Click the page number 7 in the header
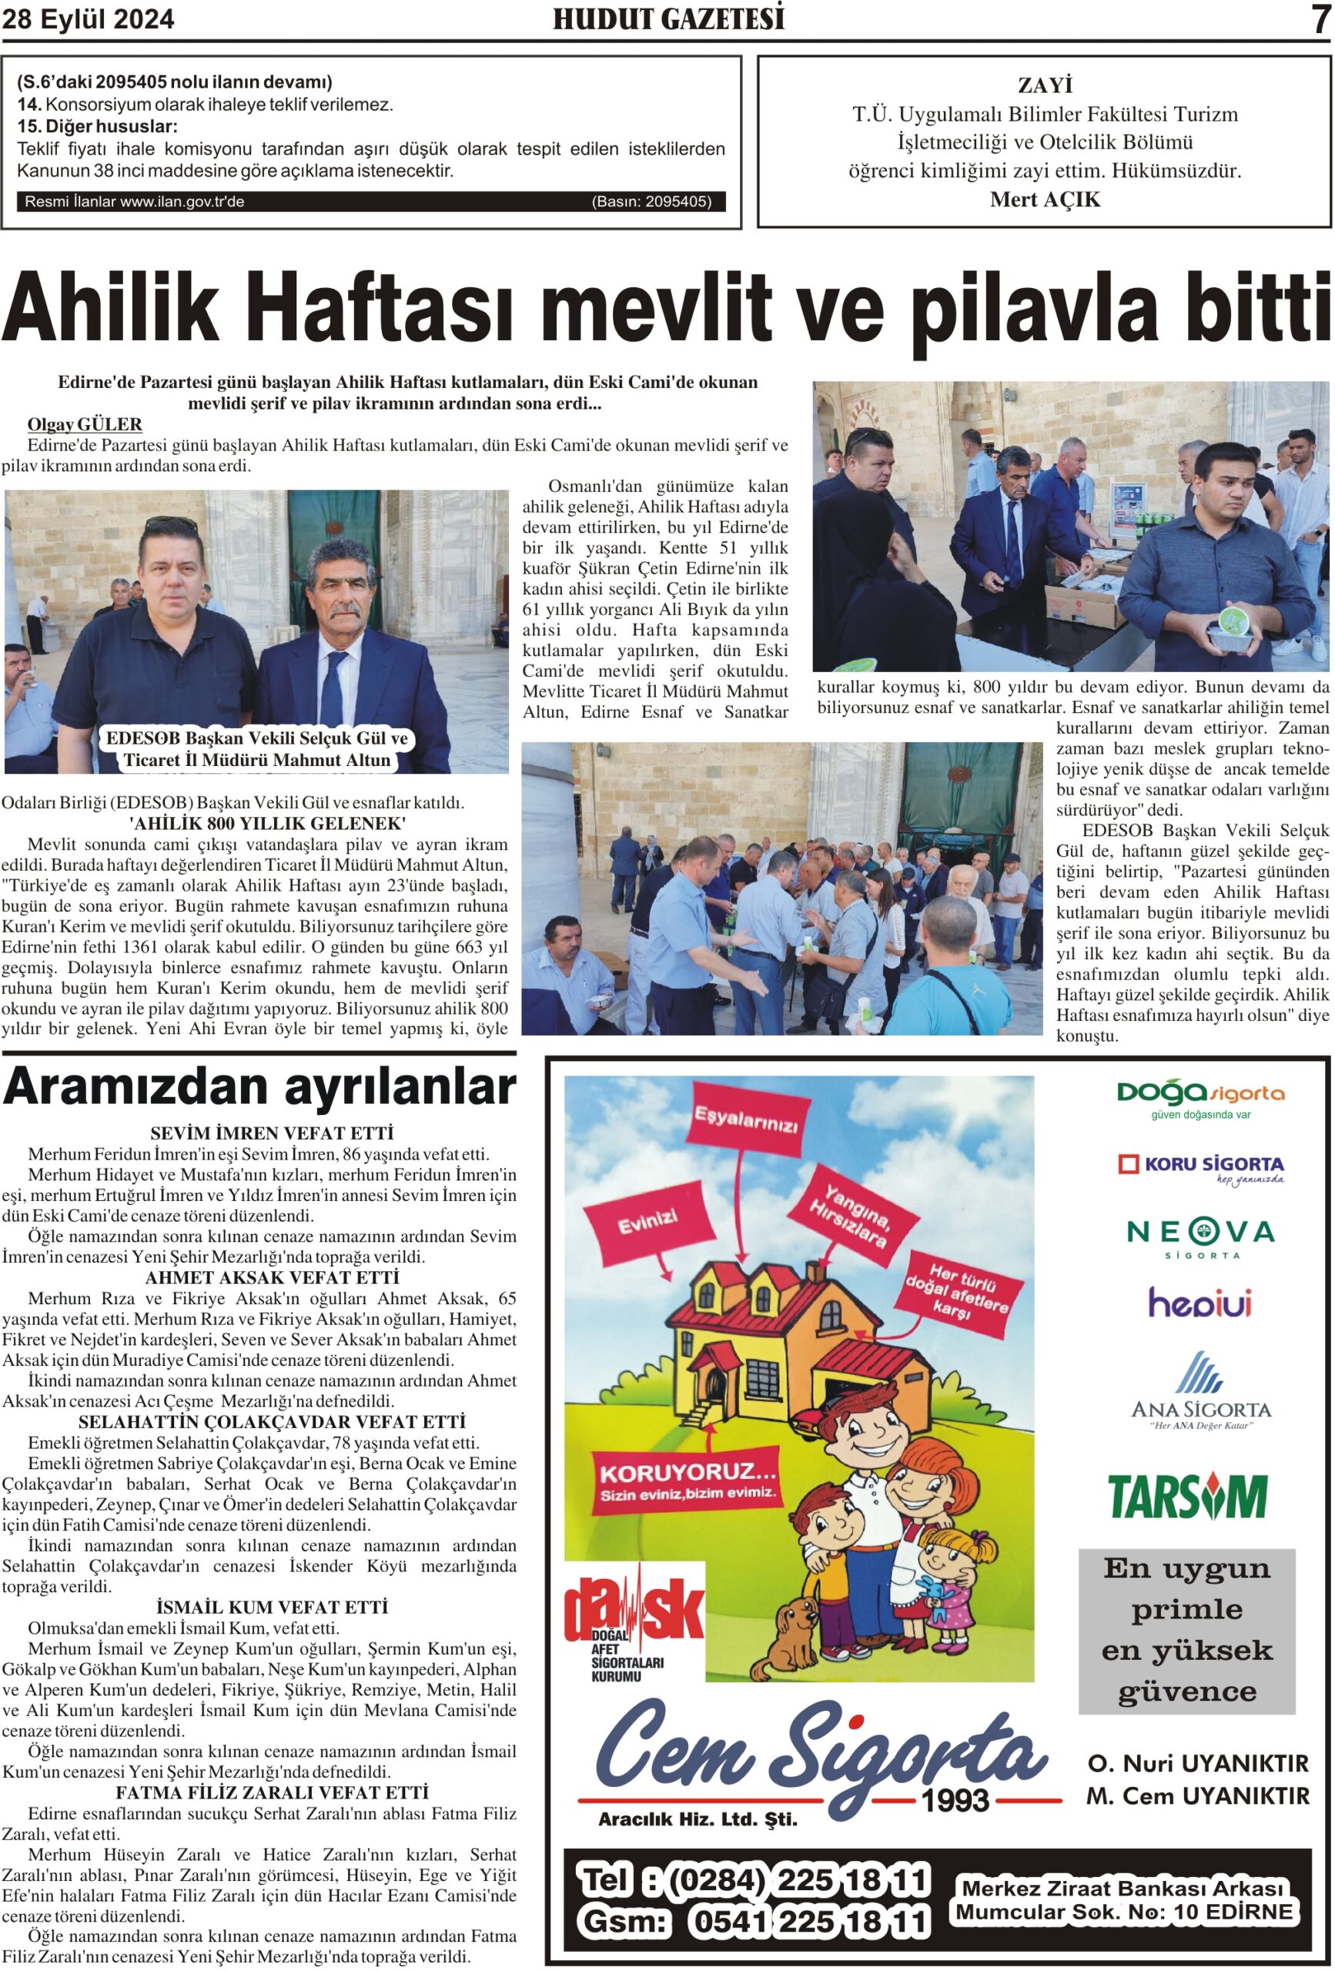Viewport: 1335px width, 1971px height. pos(1319,19)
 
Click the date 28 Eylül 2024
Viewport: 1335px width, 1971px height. pos(89,19)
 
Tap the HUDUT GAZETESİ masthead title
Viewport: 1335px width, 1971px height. pos(668,18)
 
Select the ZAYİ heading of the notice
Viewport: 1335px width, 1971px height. pos(1044,85)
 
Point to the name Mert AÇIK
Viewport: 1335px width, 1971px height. pos(1044,199)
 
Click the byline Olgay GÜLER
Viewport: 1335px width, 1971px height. pos(85,424)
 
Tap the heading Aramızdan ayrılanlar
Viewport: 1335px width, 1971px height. pos(259,1087)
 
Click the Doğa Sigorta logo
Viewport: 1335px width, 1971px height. pos(1199,1097)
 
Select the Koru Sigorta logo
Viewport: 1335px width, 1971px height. pos(1200,1167)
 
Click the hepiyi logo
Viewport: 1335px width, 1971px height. pos(1199,1303)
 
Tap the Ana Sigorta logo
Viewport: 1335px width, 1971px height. pos(1200,1392)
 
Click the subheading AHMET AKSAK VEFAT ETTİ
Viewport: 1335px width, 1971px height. pos(272,1278)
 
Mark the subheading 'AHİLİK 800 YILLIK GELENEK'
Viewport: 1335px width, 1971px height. pos(267,824)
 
